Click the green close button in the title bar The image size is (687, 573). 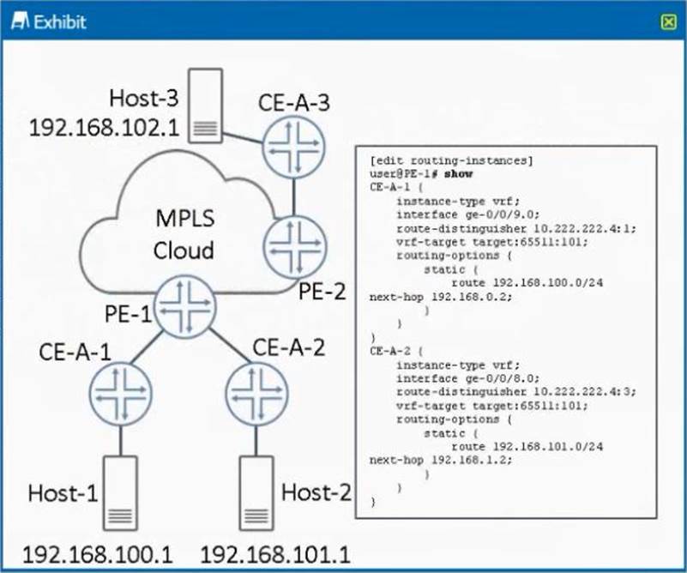668,22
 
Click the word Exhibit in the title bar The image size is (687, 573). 59,22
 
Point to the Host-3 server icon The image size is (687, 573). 205,106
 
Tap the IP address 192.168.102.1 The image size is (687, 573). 103,128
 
